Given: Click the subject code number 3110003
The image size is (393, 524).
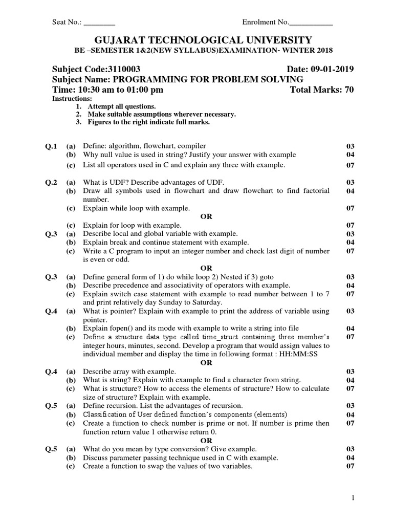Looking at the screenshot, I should [x=123, y=69].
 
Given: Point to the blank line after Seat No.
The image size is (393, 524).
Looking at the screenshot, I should [x=99, y=23].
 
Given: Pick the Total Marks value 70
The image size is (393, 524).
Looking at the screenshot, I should [x=348, y=90].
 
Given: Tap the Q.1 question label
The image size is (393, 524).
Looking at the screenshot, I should [x=52, y=146].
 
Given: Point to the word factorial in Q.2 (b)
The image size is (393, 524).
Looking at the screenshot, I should [x=315, y=190].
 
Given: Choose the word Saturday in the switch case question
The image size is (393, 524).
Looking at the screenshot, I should [x=205, y=302].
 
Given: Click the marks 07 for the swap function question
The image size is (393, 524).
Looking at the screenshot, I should [x=351, y=466].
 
